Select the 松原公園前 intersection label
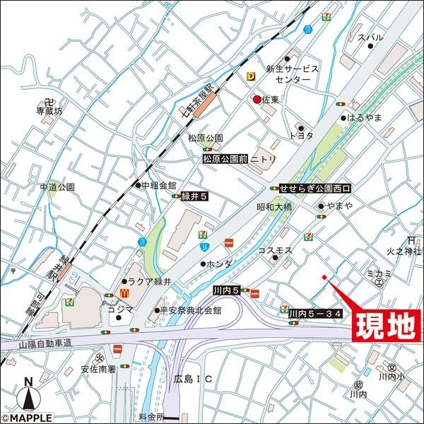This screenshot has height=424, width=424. click(224, 160)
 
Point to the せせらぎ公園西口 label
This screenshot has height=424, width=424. click(314, 189)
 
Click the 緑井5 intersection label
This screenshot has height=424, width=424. click(193, 197)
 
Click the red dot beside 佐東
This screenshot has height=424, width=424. click(257, 100)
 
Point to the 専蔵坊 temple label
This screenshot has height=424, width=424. click(49, 111)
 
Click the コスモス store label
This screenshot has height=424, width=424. click(275, 251)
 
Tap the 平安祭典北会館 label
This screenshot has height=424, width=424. click(192, 310)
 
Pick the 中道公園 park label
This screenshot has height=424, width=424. click(57, 187)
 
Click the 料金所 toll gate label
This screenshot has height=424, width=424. click(150, 416)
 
